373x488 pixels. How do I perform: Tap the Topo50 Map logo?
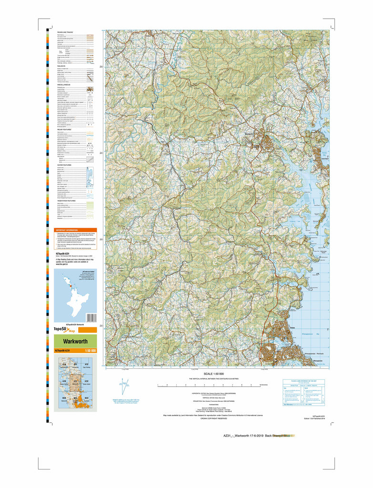point(64,329)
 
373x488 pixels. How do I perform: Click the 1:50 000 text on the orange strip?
point(90,351)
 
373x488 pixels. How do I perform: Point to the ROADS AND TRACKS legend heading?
point(65,32)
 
